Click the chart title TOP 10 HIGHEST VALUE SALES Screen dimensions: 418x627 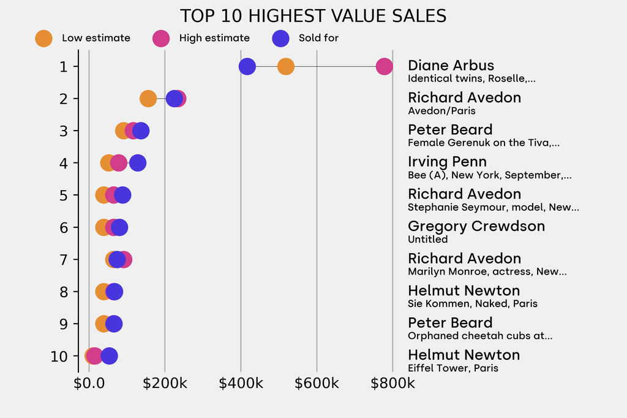pos(313,16)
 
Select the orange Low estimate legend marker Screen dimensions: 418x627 pos(43,38)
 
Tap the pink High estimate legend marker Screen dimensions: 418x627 pos(161,38)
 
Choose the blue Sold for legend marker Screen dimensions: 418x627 pos(280,38)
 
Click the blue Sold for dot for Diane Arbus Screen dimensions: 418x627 pos(247,66)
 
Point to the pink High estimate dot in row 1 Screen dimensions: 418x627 pos(384,66)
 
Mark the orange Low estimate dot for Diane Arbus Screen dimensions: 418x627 pos(286,66)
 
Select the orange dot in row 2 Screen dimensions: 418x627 pos(148,99)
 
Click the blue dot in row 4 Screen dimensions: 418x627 pos(138,163)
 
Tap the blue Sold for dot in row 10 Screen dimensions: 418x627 pos(109,356)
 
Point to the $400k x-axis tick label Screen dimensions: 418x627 pos(241,384)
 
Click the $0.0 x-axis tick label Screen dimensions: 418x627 pos(89,384)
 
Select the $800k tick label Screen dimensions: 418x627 pos(392,384)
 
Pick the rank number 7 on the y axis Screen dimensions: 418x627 pos(64,259)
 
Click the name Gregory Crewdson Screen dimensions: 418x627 pos(476,226)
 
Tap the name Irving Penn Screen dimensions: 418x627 pos(447,162)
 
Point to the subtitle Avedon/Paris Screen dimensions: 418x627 pos(441,111)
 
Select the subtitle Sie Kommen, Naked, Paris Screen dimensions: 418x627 pos(472,304)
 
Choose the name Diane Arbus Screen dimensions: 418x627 pos(451,66)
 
